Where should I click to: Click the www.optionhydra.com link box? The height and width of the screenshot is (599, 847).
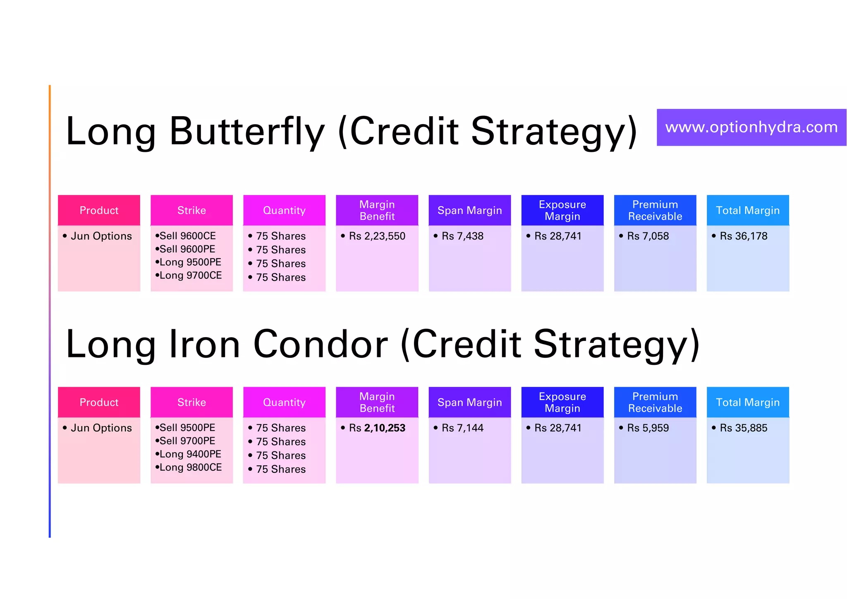pos(751,127)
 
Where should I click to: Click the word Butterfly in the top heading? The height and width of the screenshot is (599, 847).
pos(247,132)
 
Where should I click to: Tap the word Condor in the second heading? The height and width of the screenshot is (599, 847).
pos(321,344)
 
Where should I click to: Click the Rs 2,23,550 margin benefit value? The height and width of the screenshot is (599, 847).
pos(377,236)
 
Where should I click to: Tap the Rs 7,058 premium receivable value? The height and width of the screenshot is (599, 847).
pos(648,236)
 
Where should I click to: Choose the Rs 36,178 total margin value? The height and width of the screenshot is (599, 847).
pos(743,236)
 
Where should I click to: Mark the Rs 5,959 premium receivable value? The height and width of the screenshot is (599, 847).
pos(648,428)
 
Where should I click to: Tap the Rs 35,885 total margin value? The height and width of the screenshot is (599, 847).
pos(743,428)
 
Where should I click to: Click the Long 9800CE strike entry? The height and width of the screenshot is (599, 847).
pos(190,467)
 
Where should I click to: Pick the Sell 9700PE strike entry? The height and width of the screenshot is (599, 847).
pos(187,441)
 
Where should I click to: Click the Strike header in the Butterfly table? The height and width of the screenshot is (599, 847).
pos(191,210)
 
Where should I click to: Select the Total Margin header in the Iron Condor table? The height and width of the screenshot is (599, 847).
pos(748,402)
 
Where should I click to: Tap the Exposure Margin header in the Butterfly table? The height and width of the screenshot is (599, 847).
pos(562,210)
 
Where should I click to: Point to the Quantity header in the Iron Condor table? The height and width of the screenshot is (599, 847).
pos(284,402)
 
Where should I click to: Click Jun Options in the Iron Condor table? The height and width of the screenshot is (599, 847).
pos(101,428)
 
